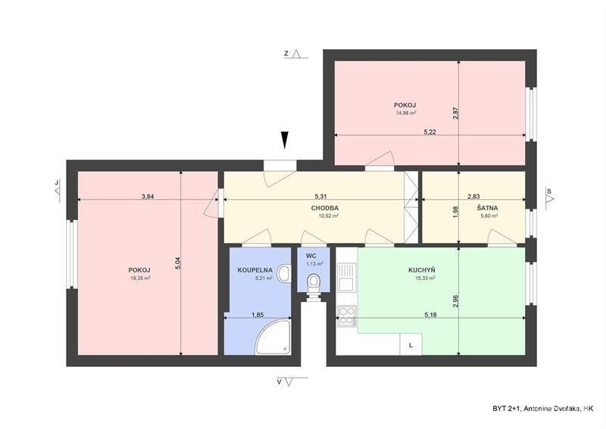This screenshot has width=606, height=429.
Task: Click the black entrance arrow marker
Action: coord(285,140)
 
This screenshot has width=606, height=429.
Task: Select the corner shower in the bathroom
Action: coord(273,337)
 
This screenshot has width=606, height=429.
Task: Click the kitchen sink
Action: coord(347,277)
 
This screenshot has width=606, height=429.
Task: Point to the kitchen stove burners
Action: coord(347,316)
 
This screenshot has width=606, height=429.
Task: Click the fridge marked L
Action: coord(411,344)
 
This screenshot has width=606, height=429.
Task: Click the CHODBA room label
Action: coord(325,208)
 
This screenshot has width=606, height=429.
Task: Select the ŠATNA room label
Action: coord(487,208)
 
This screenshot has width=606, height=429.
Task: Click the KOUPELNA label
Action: coord(255,270)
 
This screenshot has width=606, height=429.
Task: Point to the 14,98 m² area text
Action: coord(405,113)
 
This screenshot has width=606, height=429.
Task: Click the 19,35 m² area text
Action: coord(140,278)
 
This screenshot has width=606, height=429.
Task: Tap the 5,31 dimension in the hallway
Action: coord(320,196)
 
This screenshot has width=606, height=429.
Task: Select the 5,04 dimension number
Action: coord(178,263)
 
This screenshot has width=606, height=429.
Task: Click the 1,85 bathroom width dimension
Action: coord(258,315)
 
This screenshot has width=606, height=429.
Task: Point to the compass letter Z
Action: coord(286,54)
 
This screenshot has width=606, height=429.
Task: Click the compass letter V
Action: coord(279,382)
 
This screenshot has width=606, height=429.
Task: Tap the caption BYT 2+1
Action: coord(505,409)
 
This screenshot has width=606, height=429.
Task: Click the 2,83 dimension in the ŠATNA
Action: coord(473,196)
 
